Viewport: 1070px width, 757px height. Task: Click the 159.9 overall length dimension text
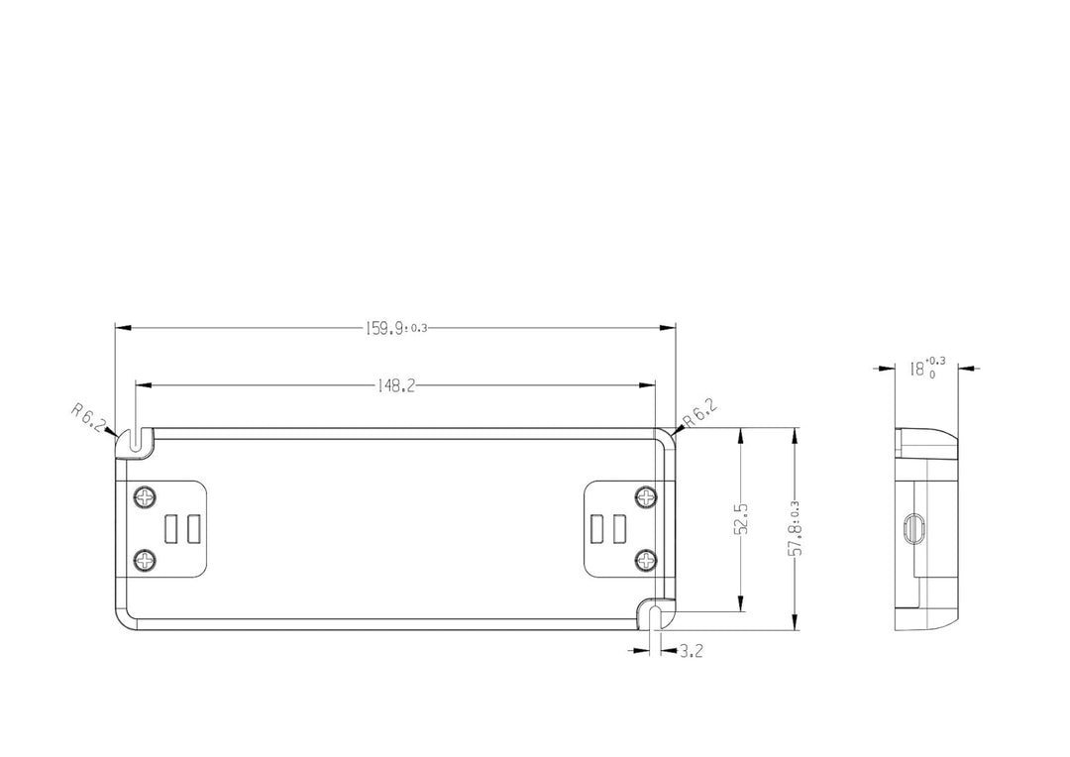point(395,327)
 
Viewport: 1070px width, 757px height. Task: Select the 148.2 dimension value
point(395,386)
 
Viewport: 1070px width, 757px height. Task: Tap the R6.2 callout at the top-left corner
point(89,419)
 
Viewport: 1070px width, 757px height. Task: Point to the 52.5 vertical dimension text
point(740,520)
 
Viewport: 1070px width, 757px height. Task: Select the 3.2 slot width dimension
point(691,651)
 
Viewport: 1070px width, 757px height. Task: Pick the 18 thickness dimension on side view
point(925,369)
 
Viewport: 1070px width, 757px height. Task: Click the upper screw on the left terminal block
point(147,495)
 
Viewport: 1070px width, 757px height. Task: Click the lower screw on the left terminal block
point(147,561)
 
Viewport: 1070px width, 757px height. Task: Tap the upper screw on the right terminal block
point(646,495)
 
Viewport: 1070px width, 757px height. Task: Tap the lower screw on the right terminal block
point(646,561)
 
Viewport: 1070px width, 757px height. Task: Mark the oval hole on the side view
point(912,528)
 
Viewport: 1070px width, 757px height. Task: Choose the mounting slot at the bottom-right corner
point(655,615)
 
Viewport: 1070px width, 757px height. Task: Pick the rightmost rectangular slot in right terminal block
point(620,528)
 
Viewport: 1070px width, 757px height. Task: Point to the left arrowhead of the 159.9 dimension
point(121,327)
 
